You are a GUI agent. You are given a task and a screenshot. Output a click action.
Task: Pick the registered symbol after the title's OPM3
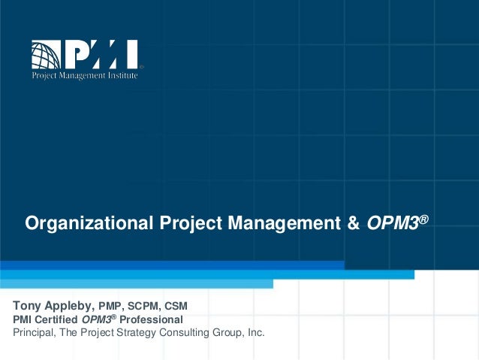pos(424,218)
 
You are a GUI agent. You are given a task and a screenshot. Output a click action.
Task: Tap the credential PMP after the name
pos(113,307)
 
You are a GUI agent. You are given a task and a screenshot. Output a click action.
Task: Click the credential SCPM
pos(146,307)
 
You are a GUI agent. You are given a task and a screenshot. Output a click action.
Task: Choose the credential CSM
pos(176,307)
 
